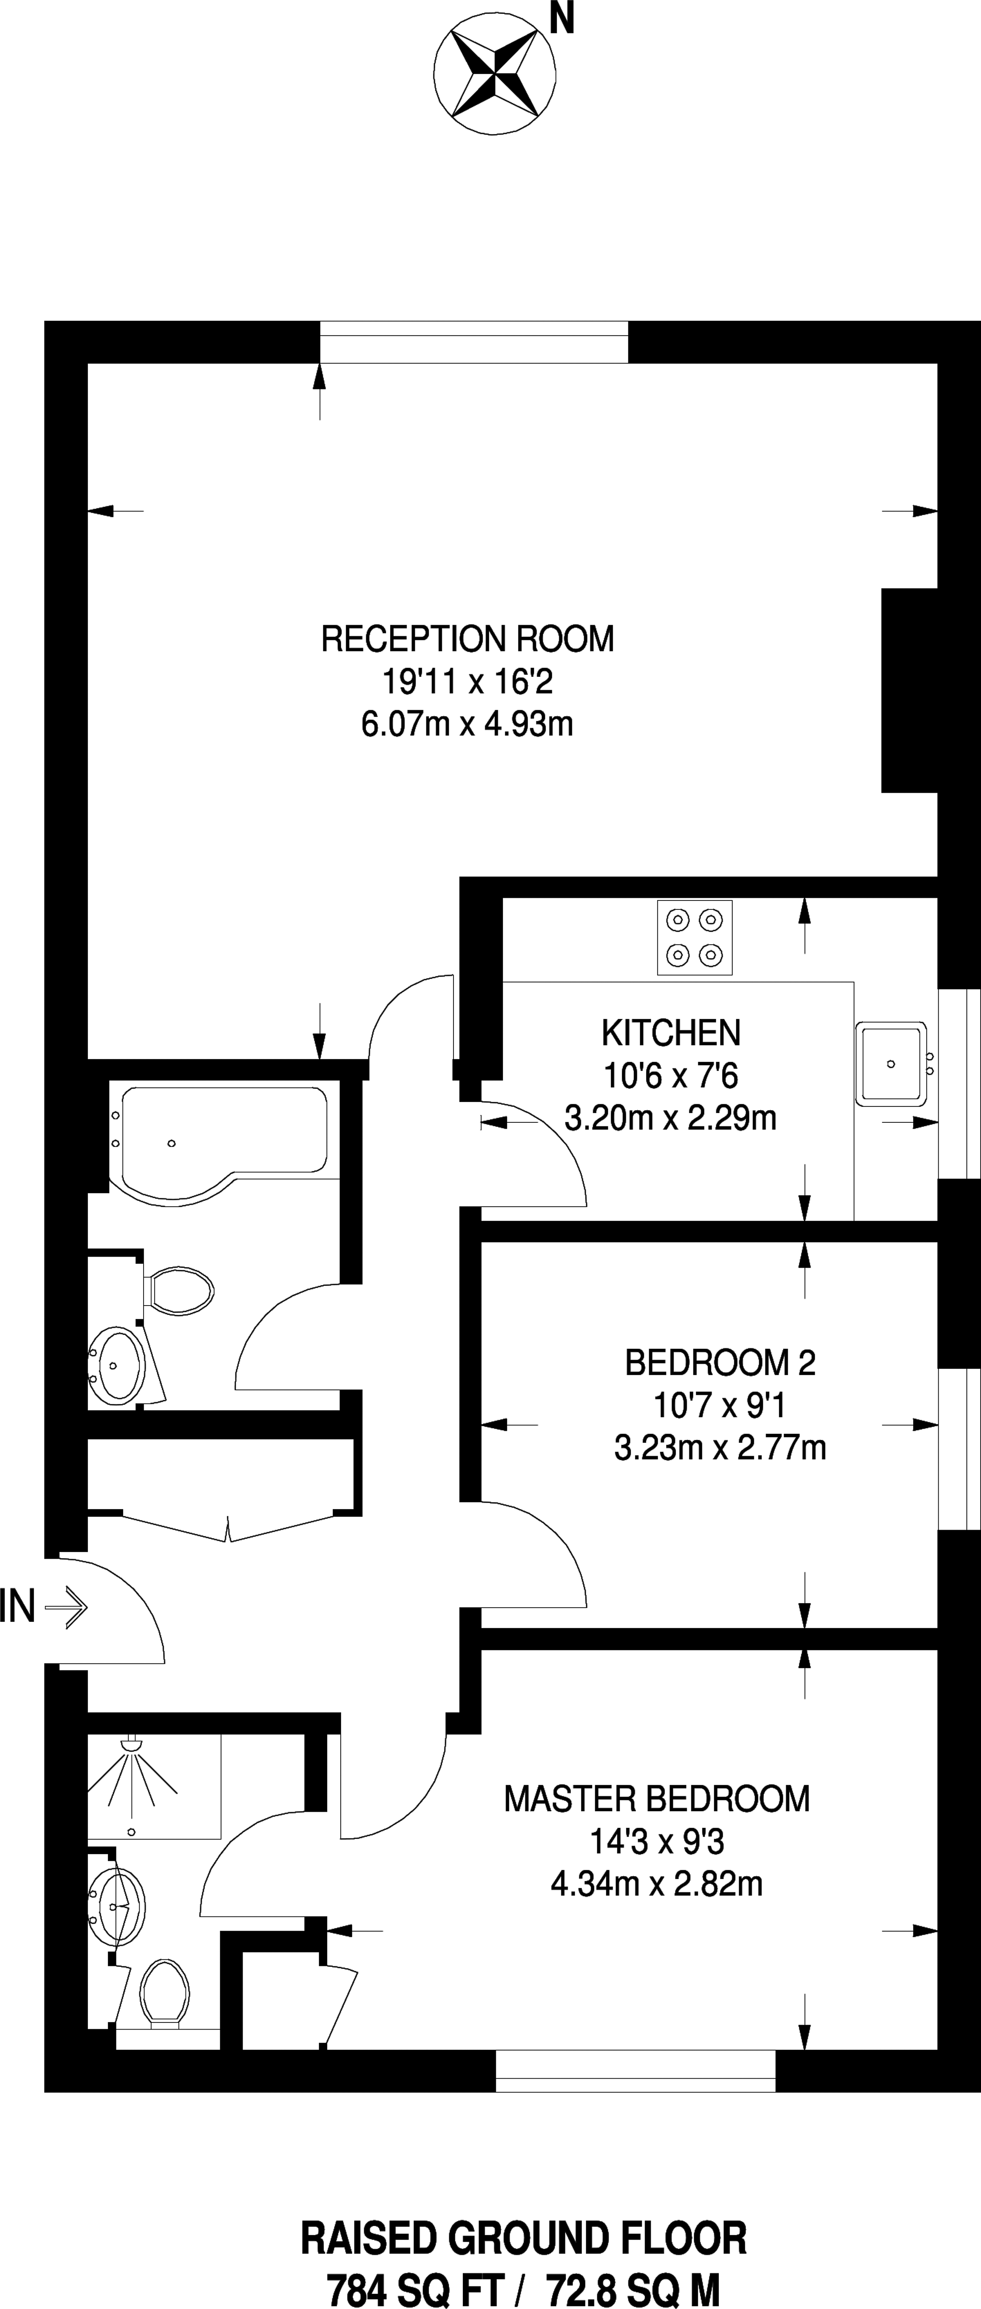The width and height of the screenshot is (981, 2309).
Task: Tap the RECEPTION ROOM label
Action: tap(467, 639)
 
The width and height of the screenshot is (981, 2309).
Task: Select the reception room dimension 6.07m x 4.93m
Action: tap(467, 723)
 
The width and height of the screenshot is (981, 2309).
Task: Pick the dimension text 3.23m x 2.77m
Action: tap(720, 1448)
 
